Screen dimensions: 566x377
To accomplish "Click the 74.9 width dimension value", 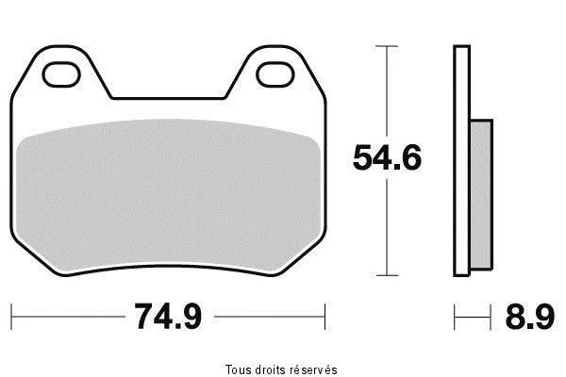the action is [168, 317].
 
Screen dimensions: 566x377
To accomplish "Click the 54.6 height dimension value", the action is [387, 157].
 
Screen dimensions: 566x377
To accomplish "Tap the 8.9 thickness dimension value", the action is [529, 317].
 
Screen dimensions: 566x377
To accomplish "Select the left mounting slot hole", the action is [61, 74].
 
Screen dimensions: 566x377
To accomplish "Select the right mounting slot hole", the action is [275, 74].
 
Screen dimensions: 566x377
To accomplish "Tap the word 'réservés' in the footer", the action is [314, 369].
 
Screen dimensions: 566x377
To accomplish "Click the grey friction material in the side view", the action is [481, 195].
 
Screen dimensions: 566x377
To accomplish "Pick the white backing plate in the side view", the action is [461, 161].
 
